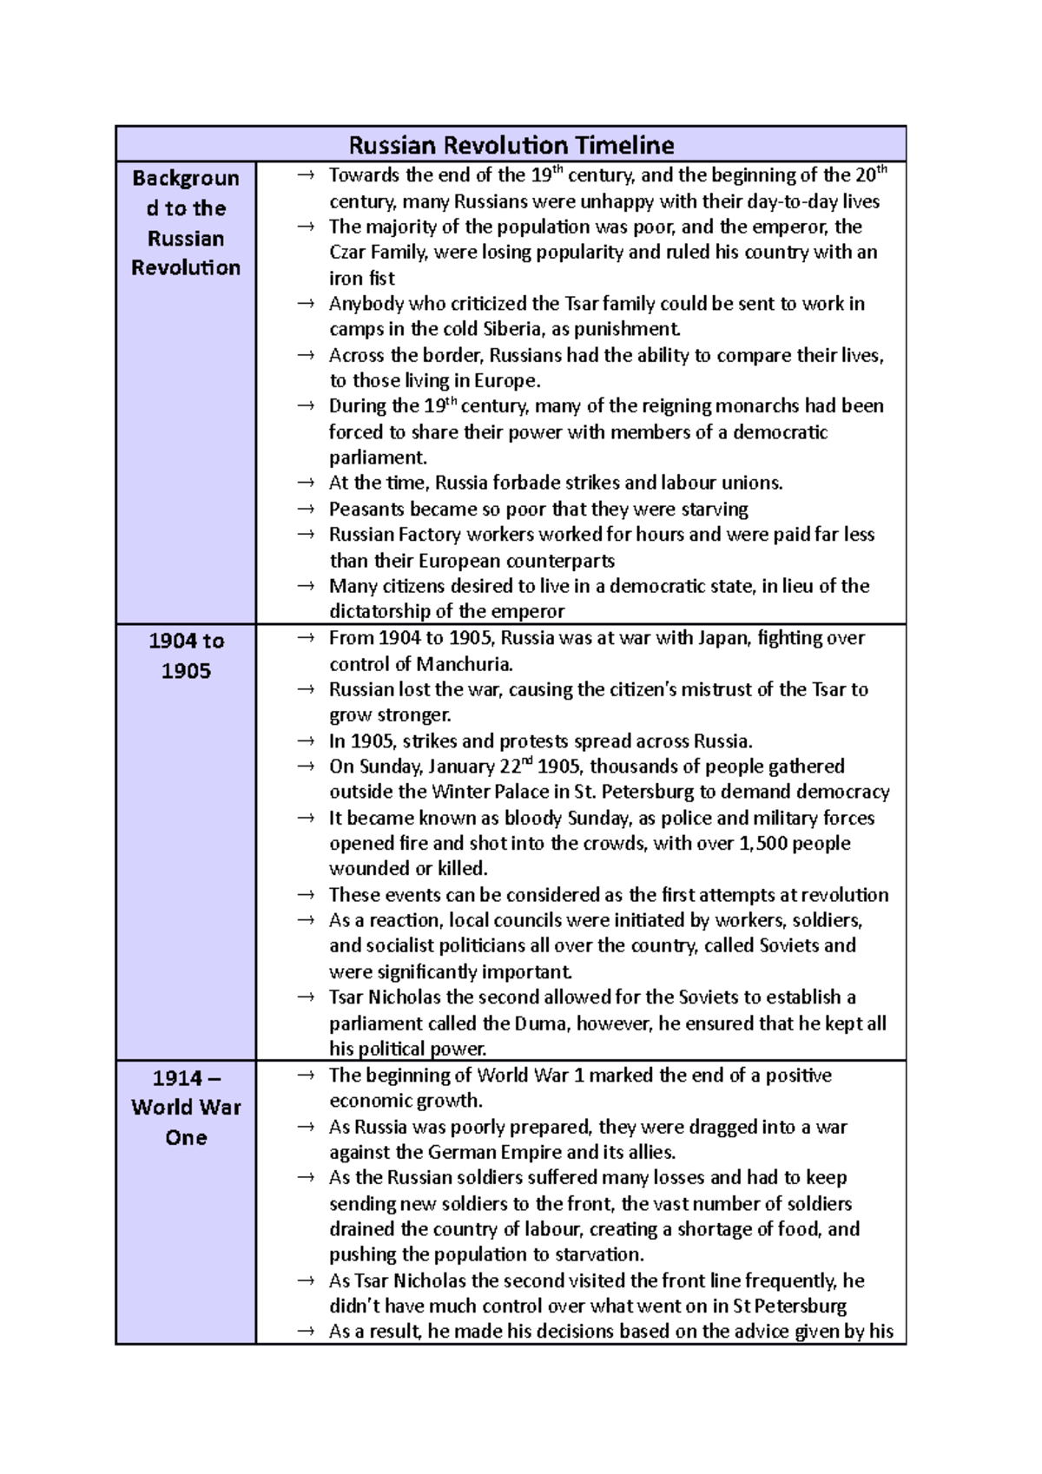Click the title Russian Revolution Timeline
(x=511, y=144)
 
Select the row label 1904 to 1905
(x=186, y=655)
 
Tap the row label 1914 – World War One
(x=186, y=1107)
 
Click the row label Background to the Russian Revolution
(x=186, y=222)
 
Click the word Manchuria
(x=463, y=664)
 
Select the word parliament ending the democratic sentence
(x=377, y=457)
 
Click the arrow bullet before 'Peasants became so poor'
(x=305, y=509)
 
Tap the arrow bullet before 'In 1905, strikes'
(x=305, y=741)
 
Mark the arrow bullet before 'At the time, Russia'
(x=305, y=483)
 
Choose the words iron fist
(x=361, y=279)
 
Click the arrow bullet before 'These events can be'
(x=305, y=895)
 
